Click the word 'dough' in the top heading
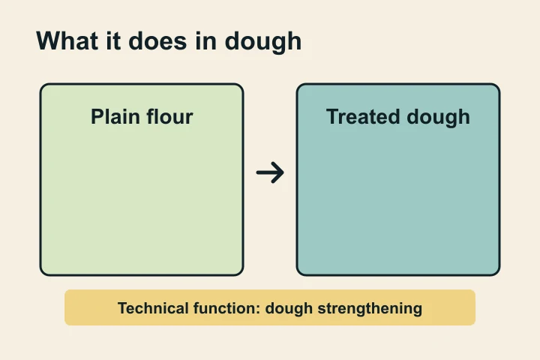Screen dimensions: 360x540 point(268,42)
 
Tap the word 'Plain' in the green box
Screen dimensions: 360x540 point(115,117)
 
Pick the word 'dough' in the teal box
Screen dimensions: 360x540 point(438,118)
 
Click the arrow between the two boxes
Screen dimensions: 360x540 point(270,173)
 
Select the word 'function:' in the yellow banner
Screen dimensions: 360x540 point(226,307)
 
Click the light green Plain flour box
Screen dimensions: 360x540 point(142,202)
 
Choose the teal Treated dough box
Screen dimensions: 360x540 point(398,202)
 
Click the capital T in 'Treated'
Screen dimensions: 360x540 point(332,117)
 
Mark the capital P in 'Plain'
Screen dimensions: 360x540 point(97,117)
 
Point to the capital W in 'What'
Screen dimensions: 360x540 point(49,40)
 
